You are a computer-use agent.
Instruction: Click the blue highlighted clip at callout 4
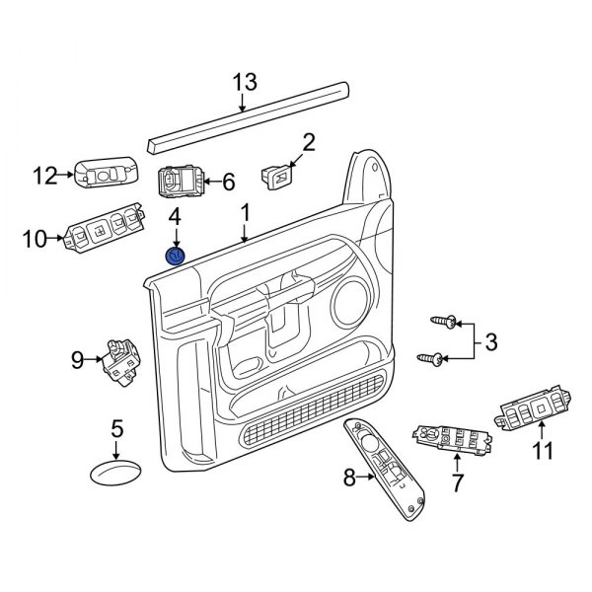(175, 257)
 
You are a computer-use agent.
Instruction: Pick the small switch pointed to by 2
(277, 177)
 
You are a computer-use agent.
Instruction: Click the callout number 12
(45, 177)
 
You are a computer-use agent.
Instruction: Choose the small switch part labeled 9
(119, 360)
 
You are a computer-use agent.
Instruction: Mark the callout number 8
(347, 479)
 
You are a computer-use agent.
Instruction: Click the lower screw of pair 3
(430, 357)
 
